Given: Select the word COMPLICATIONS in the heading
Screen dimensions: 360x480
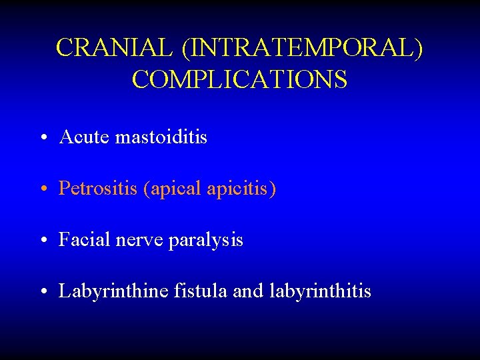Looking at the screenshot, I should (239, 79).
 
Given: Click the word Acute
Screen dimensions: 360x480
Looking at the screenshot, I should (85, 137).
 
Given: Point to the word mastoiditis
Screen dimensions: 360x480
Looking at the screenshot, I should (161, 137).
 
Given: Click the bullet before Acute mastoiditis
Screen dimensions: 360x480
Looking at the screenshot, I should (42, 139).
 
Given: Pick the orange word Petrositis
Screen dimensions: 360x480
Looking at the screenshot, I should (97, 189).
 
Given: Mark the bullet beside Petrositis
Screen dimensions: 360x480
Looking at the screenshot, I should (42, 190).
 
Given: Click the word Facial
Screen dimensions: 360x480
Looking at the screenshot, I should (83, 240).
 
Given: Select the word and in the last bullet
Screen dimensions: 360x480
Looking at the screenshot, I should (249, 291).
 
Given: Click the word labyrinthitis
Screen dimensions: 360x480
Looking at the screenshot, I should (321, 291).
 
